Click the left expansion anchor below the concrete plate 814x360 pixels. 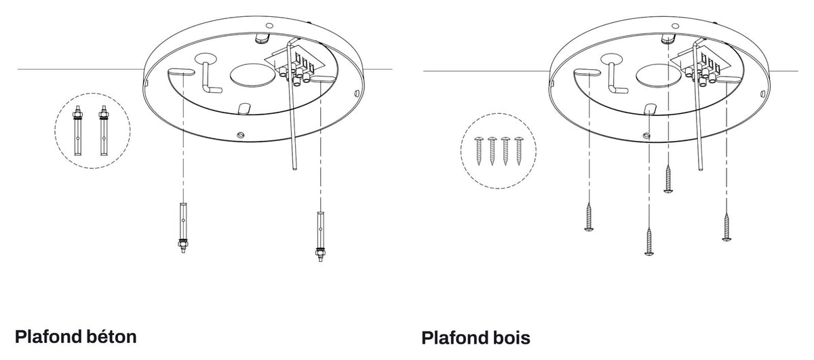point(183,228)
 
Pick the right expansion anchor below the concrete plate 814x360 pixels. point(320,236)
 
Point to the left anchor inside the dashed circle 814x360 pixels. point(77,131)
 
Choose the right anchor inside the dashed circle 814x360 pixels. point(104,131)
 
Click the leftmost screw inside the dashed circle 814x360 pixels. point(479,151)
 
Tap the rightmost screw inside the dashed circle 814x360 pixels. point(518,151)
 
